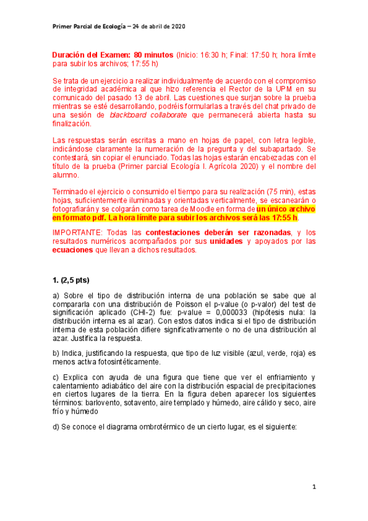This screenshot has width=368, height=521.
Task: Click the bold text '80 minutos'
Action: click(x=152, y=54)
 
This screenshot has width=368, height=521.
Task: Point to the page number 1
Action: click(x=313, y=487)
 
